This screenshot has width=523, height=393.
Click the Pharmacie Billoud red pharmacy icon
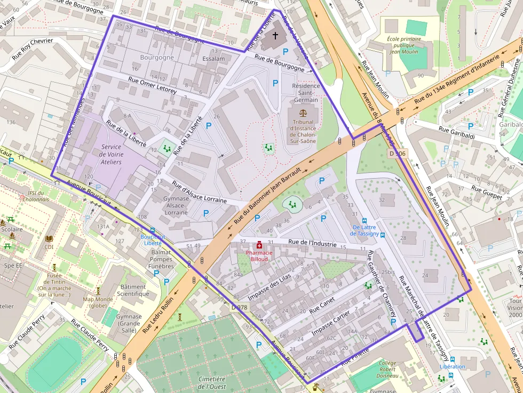[x=259, y=245]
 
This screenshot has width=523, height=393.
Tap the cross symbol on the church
[x=275, y=36]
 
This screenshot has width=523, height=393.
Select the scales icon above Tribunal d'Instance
[x=304, y=113]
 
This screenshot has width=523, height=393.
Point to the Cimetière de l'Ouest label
[x=212, y=382]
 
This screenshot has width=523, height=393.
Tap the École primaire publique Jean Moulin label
[x=404, y=45]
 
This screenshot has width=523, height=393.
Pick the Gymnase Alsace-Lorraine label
[x=176, y=205]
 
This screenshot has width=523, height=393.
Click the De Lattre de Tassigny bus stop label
[x=365, y=230]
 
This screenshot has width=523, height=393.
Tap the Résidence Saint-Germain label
[x=306, y=93]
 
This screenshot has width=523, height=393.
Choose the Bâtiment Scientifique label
[x=133, y=290]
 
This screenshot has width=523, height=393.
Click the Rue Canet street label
[x=321, y=305]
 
